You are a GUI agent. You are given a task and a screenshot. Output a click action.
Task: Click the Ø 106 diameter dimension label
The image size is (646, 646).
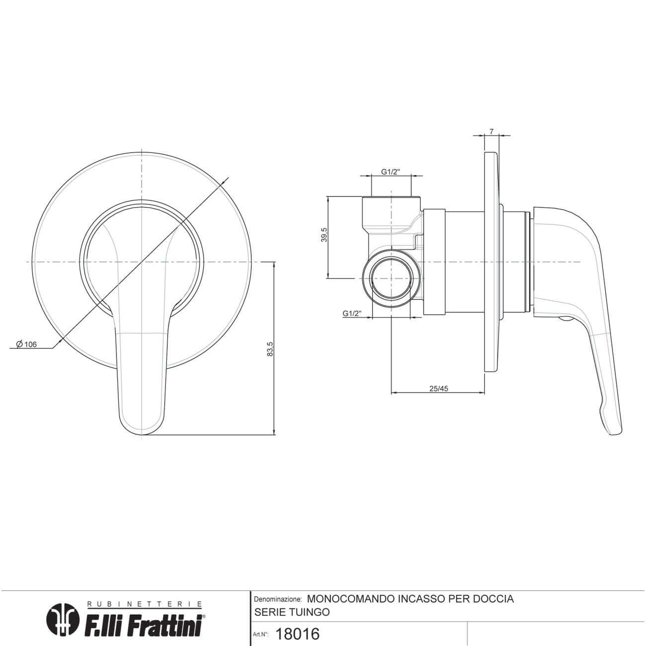pyautogui.click(x=26, y=344)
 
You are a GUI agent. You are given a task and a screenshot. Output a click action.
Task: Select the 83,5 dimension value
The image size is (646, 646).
pyautogui.click(x=270, y=349)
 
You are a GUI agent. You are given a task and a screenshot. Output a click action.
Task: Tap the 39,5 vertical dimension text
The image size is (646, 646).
pyautogui.click(x=324, y=235)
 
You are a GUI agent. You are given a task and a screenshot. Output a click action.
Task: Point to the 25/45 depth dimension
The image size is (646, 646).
pyautogui.click(x=438, y=389)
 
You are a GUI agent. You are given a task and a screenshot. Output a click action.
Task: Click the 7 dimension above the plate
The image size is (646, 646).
pyautogui.click(x=491, y=132)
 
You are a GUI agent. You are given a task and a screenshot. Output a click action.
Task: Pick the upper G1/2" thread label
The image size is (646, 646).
pyautogui.click(x=391, y=172)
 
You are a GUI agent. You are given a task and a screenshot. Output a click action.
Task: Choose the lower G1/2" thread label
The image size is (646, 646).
pyautogui.click(x=352, y=314)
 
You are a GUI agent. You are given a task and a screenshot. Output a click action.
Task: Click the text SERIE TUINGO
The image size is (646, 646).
pyautogui.click(x=292, y=612)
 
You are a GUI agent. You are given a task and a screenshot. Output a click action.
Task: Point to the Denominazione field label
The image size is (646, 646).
pyautogui.click(x=277, y=599)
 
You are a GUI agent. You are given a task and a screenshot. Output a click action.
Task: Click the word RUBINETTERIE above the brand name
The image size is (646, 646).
pyautogui.click(x=145, y=604)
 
